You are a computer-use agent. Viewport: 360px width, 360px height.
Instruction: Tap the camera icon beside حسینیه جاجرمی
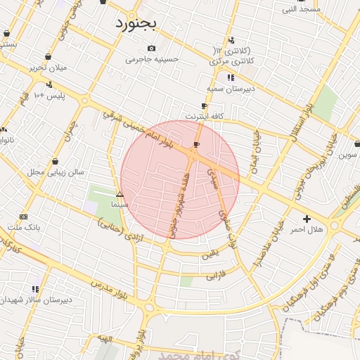(151, 48)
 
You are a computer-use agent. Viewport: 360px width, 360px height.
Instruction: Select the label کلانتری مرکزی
(232, 61)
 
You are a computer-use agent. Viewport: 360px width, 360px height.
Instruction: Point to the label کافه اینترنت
(204, 115)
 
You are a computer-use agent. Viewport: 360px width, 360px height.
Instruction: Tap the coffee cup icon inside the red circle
(196, 144)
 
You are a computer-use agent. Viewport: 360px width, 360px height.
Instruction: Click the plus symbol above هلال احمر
(307, 219)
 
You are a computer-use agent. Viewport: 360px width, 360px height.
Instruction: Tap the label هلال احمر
(307, 230)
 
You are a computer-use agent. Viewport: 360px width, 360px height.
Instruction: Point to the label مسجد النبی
(301, 9)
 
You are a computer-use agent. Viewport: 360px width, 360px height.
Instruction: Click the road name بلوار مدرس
(109, 286)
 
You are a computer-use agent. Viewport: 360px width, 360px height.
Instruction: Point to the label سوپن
(347, 154)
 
